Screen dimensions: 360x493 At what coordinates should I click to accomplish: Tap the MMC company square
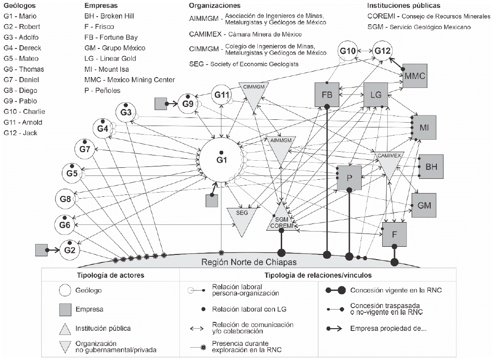pos(414,75)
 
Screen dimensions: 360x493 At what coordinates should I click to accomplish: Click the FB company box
pos(327,94)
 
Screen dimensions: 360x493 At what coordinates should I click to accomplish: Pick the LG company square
pos(376,94)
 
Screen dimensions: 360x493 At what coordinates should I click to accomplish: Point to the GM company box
pos(424,205)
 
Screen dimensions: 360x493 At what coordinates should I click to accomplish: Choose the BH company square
pos(431,166)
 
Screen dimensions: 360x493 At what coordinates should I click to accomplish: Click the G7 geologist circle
pos(85,149)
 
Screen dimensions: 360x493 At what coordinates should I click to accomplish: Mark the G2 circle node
pos(70,249)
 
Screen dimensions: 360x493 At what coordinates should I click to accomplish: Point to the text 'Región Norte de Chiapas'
pos(249,262)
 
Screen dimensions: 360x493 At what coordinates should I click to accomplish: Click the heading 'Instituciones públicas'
pos(404,6)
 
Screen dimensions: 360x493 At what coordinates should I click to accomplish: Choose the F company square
pos(394,234)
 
